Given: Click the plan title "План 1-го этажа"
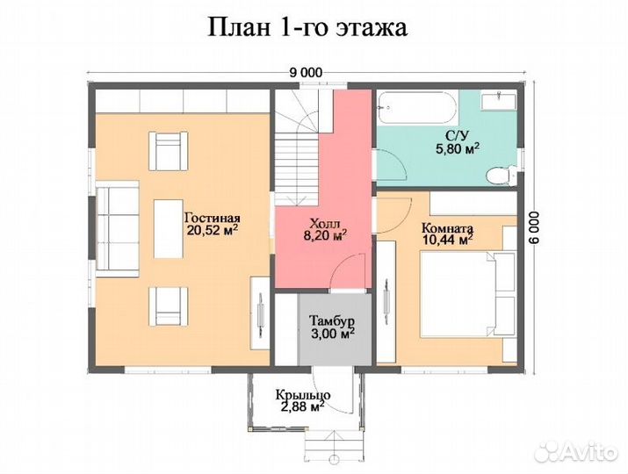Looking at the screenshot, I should pyautogui.click(x=307, y=27).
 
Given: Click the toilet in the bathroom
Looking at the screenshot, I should pyautogui.click(x=502, y=176).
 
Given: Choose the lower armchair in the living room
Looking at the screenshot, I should pyautogui.click(x=168, y=305).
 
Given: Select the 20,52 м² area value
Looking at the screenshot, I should pyautogui.click(x=211, y=232).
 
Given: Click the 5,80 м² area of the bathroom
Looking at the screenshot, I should pyautogui.click(x=457, y=149).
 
